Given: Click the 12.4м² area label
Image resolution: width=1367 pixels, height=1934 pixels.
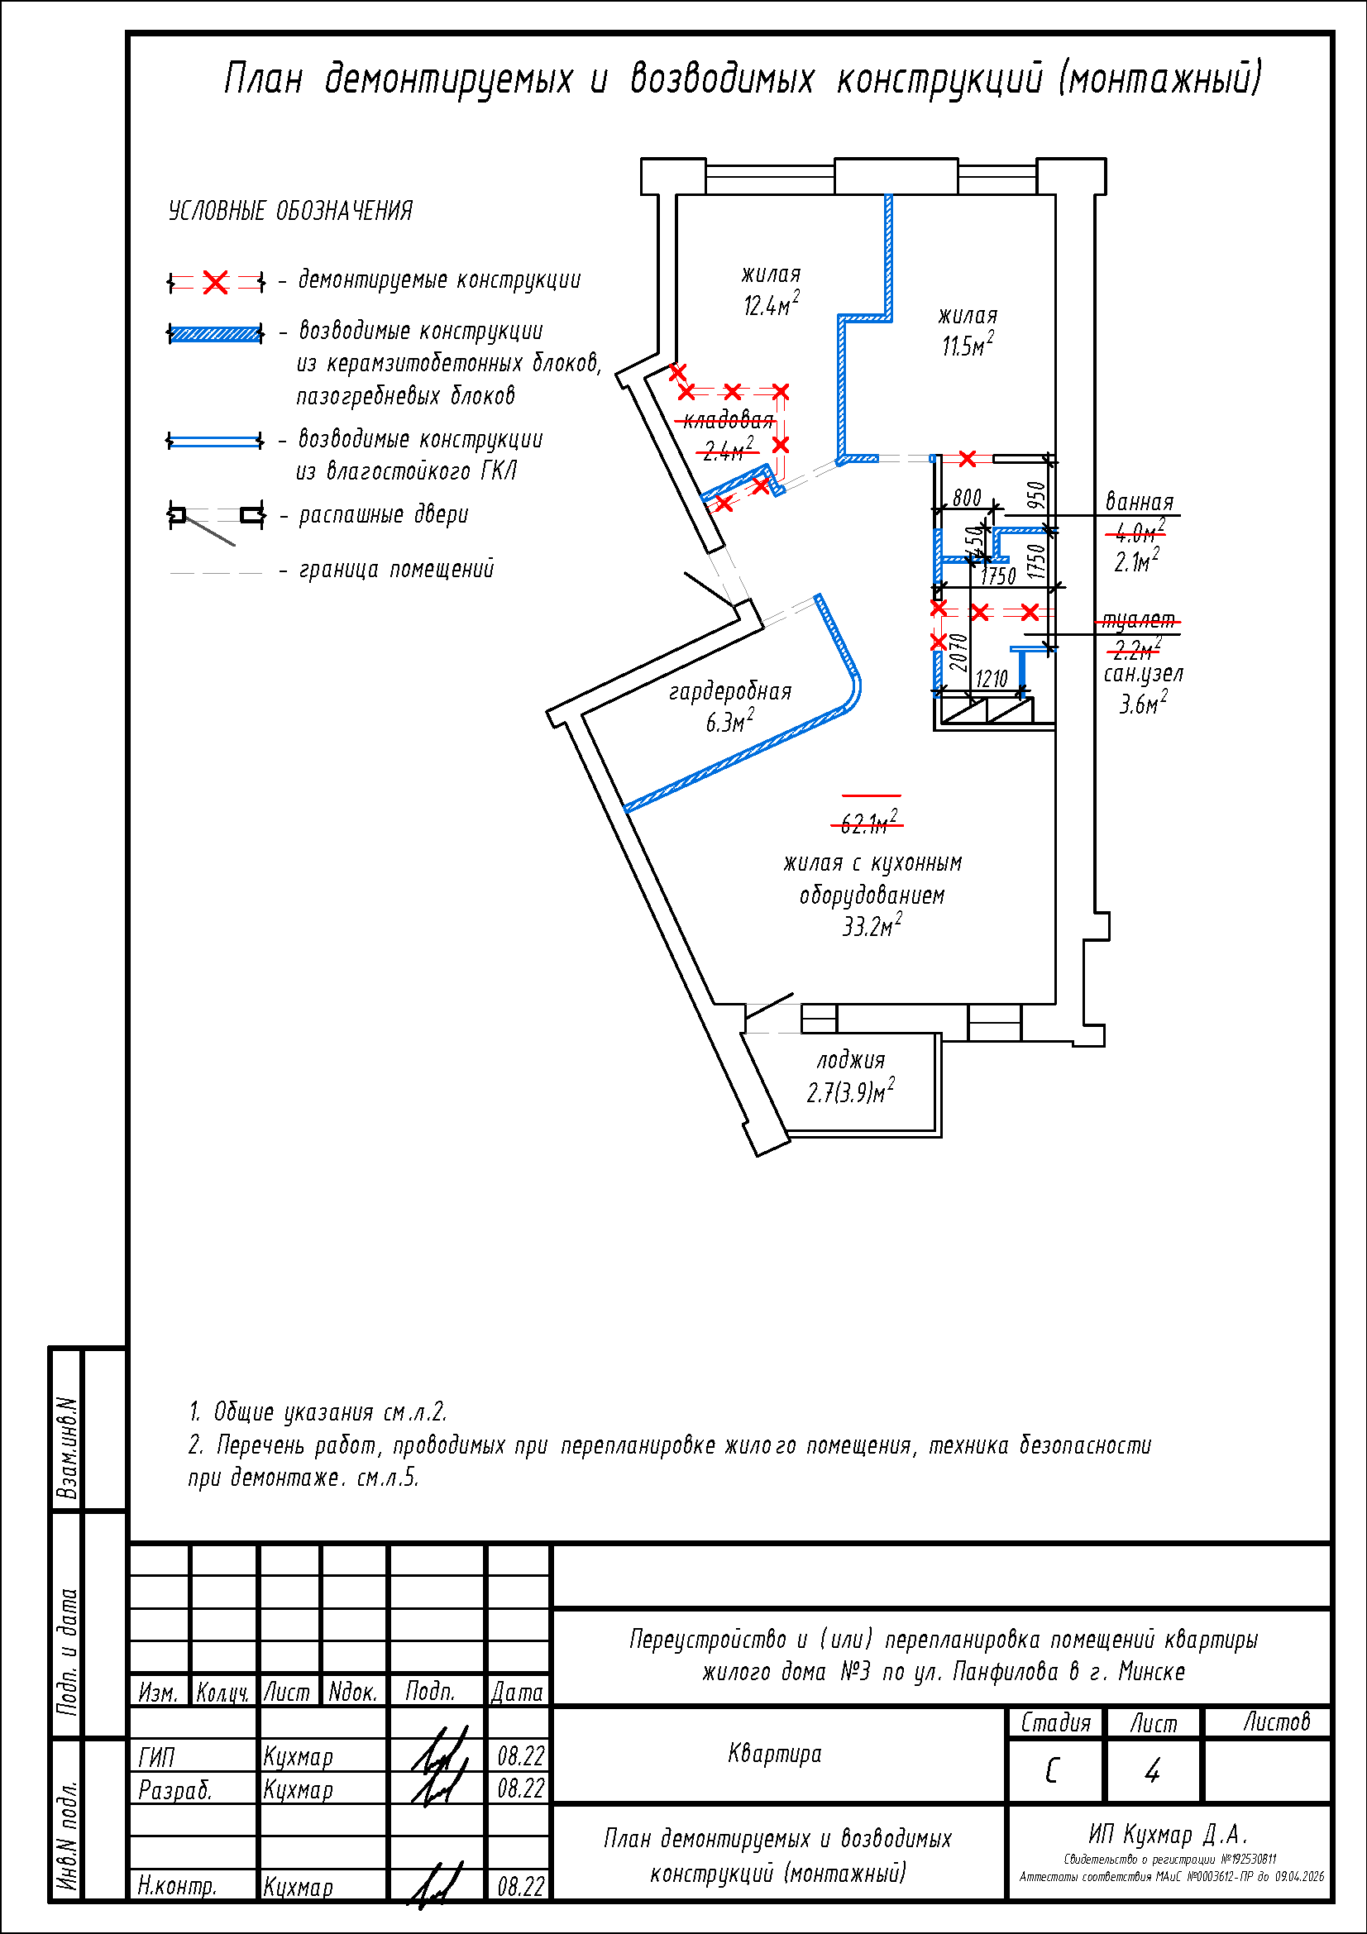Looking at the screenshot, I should coord(771,305).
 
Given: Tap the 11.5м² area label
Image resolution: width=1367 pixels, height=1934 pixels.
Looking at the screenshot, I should coord(967,346).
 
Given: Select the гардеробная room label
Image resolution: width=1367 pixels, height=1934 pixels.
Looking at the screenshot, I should coord(730,691).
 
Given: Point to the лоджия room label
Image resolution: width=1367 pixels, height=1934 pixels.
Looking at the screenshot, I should coord(851,1061).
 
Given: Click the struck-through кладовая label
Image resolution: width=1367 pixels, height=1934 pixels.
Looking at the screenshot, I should coord(729,420).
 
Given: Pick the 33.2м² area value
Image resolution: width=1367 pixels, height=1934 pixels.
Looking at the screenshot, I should coord(872,927).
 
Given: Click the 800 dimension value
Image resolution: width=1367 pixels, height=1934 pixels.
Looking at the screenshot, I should coord(967,498).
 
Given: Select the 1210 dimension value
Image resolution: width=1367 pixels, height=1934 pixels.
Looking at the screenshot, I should coord(992,679).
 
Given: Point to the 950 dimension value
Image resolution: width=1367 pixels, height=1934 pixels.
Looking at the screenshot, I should coord(1037,494).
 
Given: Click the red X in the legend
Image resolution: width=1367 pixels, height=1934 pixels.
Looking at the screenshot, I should coord(216,282).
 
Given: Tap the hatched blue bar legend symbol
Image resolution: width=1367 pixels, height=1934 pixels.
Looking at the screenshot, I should coord(216,333).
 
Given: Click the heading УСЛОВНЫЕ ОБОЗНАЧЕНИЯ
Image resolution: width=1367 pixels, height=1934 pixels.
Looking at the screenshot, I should coord(290,211).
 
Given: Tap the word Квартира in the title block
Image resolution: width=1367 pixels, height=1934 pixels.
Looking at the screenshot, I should coord(774,1754).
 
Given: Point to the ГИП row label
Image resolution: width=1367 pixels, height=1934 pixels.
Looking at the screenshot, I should coord(157,1757).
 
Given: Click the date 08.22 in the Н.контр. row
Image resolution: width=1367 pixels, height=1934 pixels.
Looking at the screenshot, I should coord(520,1887).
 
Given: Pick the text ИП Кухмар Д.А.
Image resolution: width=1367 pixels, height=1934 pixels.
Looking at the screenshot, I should coord(1168,1834).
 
